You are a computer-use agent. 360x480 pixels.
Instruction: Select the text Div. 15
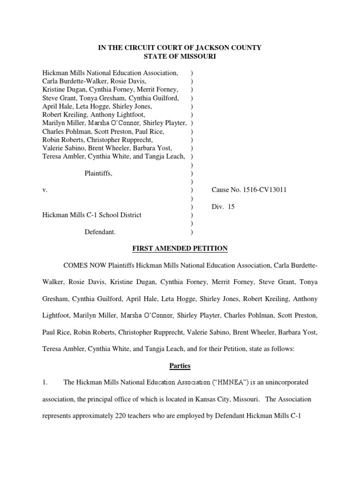(223, 206)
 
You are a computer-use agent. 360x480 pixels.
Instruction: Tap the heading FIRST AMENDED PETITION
(180, 248)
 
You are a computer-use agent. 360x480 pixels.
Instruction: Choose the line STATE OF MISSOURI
(180, 56)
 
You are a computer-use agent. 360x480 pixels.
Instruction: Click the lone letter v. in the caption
(45, 190)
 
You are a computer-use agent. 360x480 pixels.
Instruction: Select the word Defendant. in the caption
(100, 232)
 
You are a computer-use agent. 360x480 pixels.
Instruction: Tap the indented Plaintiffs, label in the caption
(98, 173)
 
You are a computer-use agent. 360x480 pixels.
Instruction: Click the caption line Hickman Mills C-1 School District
(92, 215)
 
